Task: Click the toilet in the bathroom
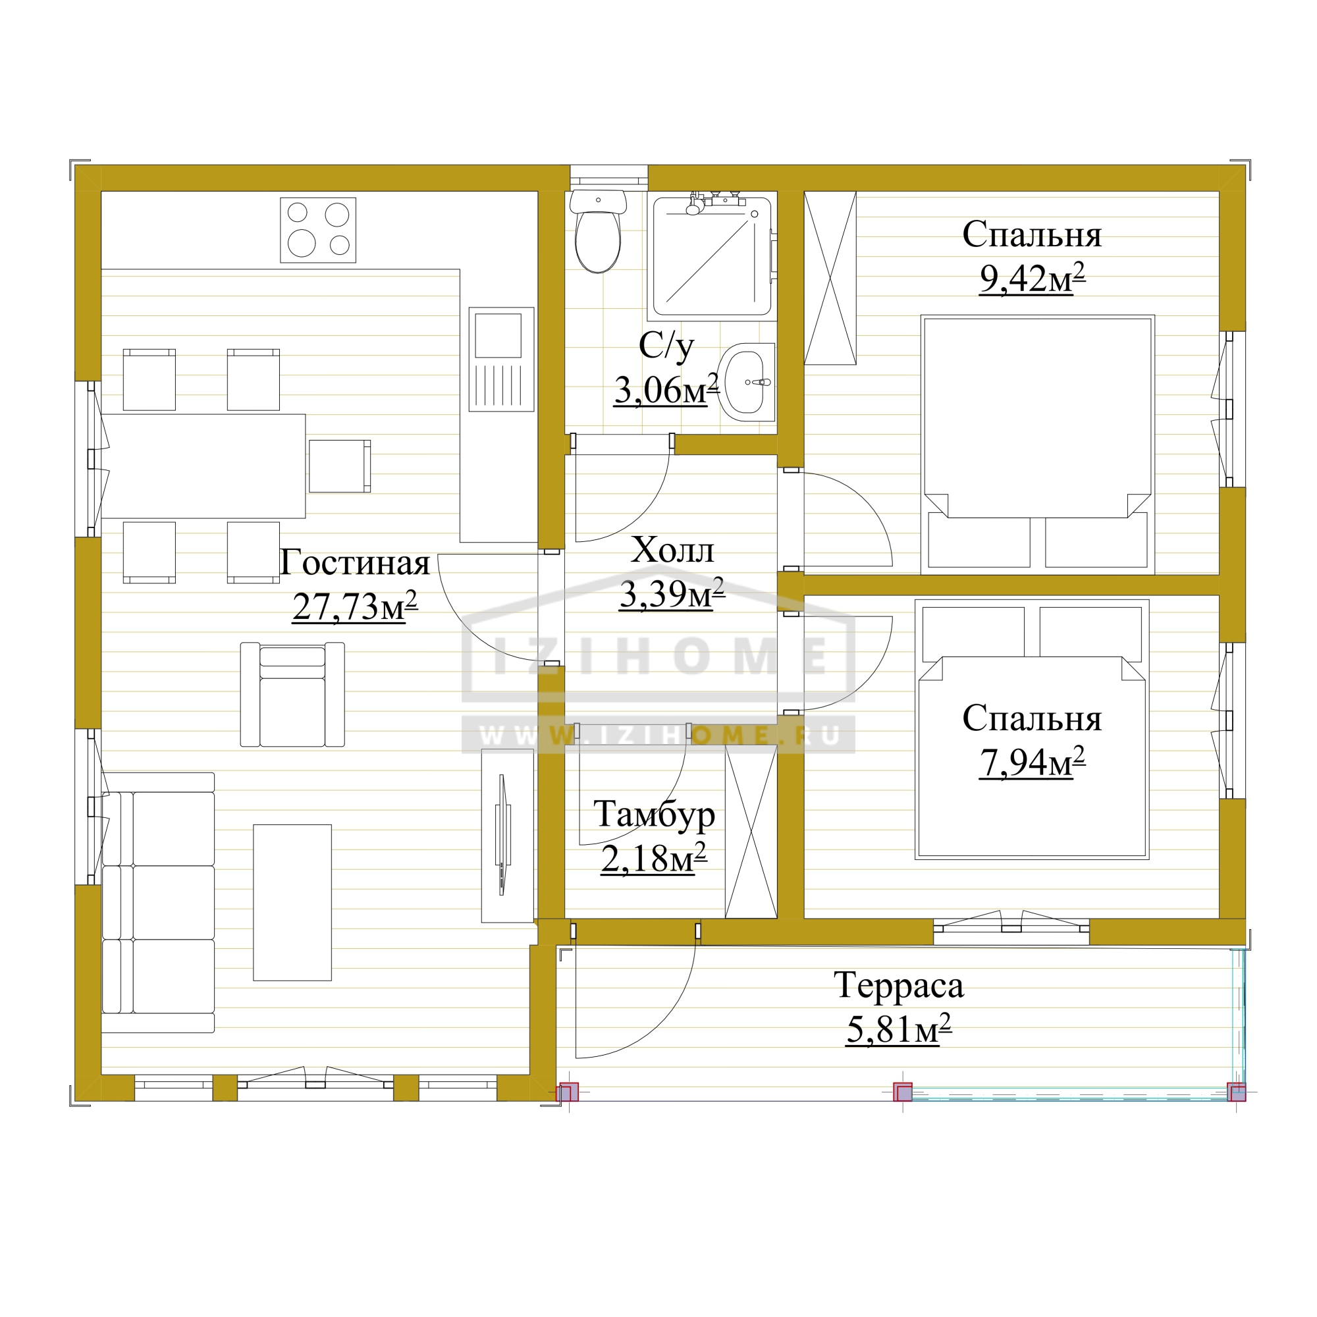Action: point(598,231)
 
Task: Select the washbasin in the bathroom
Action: point(746,382)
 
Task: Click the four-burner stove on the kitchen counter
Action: point(317,230)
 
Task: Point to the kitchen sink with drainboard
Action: point(501,360)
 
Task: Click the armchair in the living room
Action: point(292,694)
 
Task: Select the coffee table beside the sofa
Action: point(292,903)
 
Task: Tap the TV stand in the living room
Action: point(507,836)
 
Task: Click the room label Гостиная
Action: point(354,563)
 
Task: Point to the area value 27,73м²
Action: point(354,606)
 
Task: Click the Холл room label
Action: point(672,549)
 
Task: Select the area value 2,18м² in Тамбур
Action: point(654,857)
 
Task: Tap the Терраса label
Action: point(898,985)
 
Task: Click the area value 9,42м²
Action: point(1032,277)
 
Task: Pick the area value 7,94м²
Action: point(1032,761)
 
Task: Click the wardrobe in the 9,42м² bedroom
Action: point(830,278)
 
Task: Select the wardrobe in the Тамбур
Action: point(751,832)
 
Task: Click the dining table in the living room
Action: point(203,466)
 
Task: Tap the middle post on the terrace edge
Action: point(903,1092)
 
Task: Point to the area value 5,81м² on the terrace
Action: point(898,1029)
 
